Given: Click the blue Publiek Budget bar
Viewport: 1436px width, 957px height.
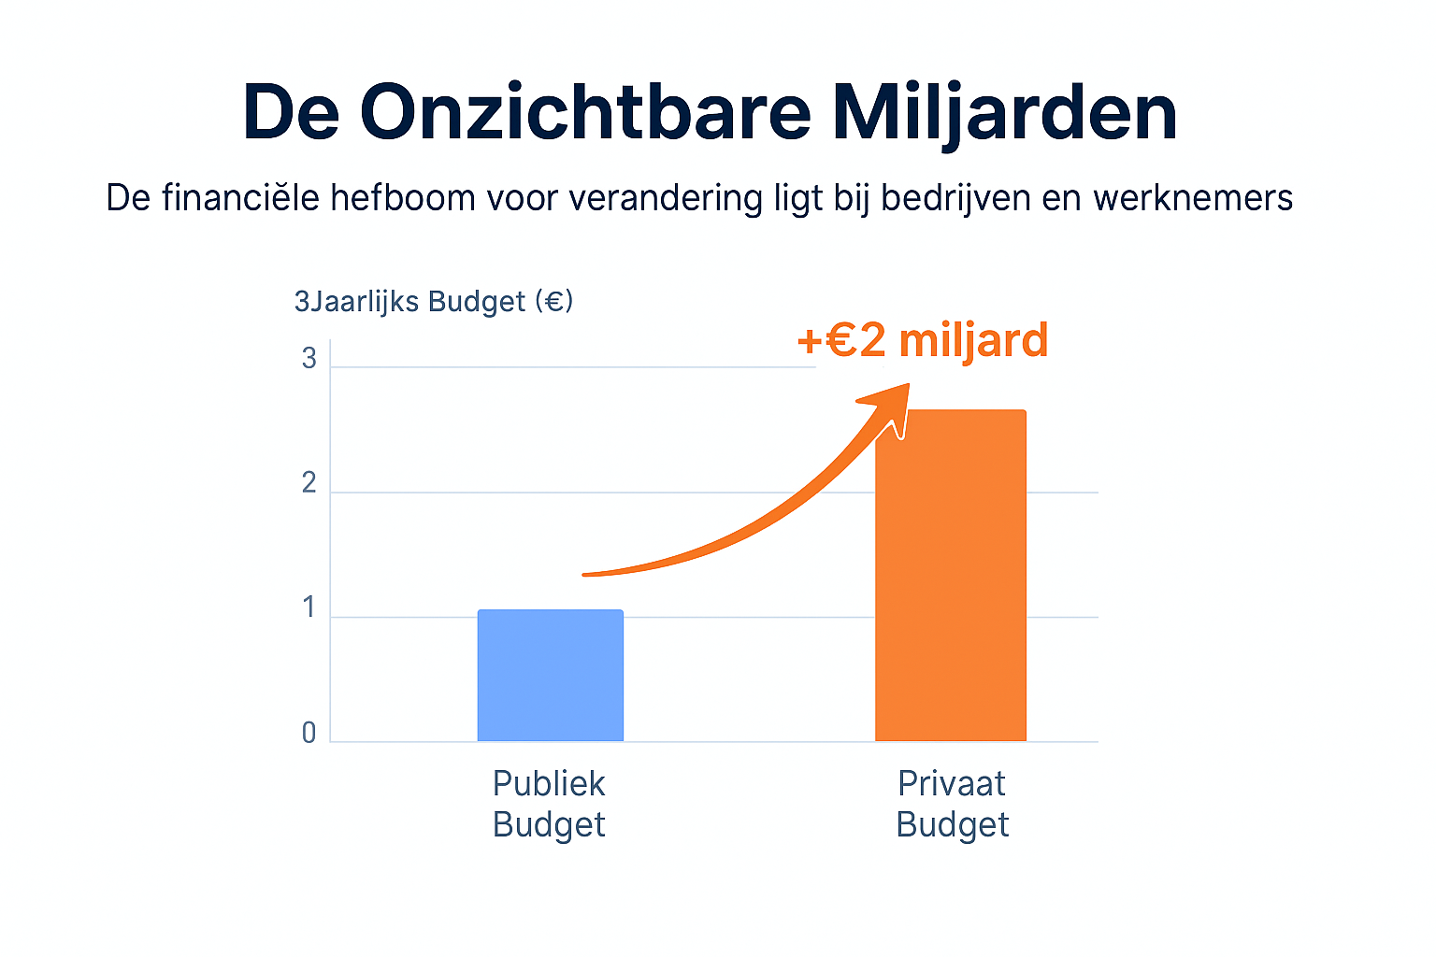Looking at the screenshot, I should coord(550,676).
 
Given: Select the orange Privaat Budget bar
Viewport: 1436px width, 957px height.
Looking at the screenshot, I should coord(950,576).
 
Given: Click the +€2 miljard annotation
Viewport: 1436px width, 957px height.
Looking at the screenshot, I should coord(922,340).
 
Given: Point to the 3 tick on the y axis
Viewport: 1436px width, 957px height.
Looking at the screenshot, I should coord(309,360).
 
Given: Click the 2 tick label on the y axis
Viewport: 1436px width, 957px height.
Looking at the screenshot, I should coord(309,484).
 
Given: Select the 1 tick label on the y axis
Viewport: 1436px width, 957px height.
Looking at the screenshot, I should coord(309,609).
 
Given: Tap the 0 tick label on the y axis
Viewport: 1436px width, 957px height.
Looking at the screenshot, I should coord(309,734).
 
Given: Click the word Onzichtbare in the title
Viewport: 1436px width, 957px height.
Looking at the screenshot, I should coord(585,112).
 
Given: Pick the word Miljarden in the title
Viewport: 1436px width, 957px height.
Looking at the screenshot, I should coord(1004,112).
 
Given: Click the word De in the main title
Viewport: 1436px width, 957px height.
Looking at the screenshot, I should coord(290,112).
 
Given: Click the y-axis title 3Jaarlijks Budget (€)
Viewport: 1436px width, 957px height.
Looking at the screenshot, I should coord(434,302).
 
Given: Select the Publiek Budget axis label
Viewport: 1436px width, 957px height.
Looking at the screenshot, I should coord(549,804).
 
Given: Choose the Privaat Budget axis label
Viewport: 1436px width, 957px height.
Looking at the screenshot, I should coord(952,804).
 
